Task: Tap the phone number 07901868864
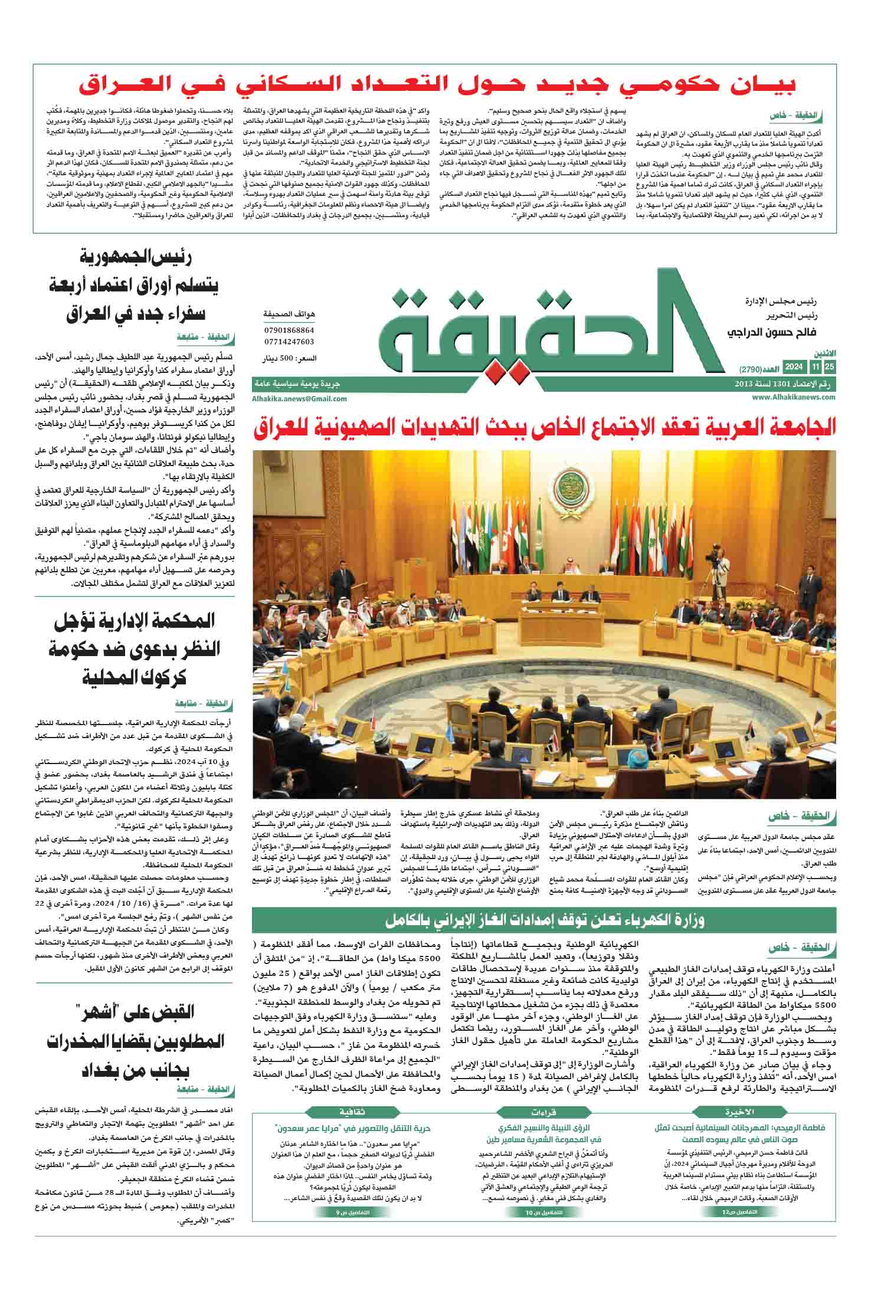(289, 330)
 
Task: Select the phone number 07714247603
(289, 342)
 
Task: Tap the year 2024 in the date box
(793, 368)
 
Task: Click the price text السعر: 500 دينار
(289, 358)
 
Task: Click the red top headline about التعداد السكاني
(437, 86)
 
